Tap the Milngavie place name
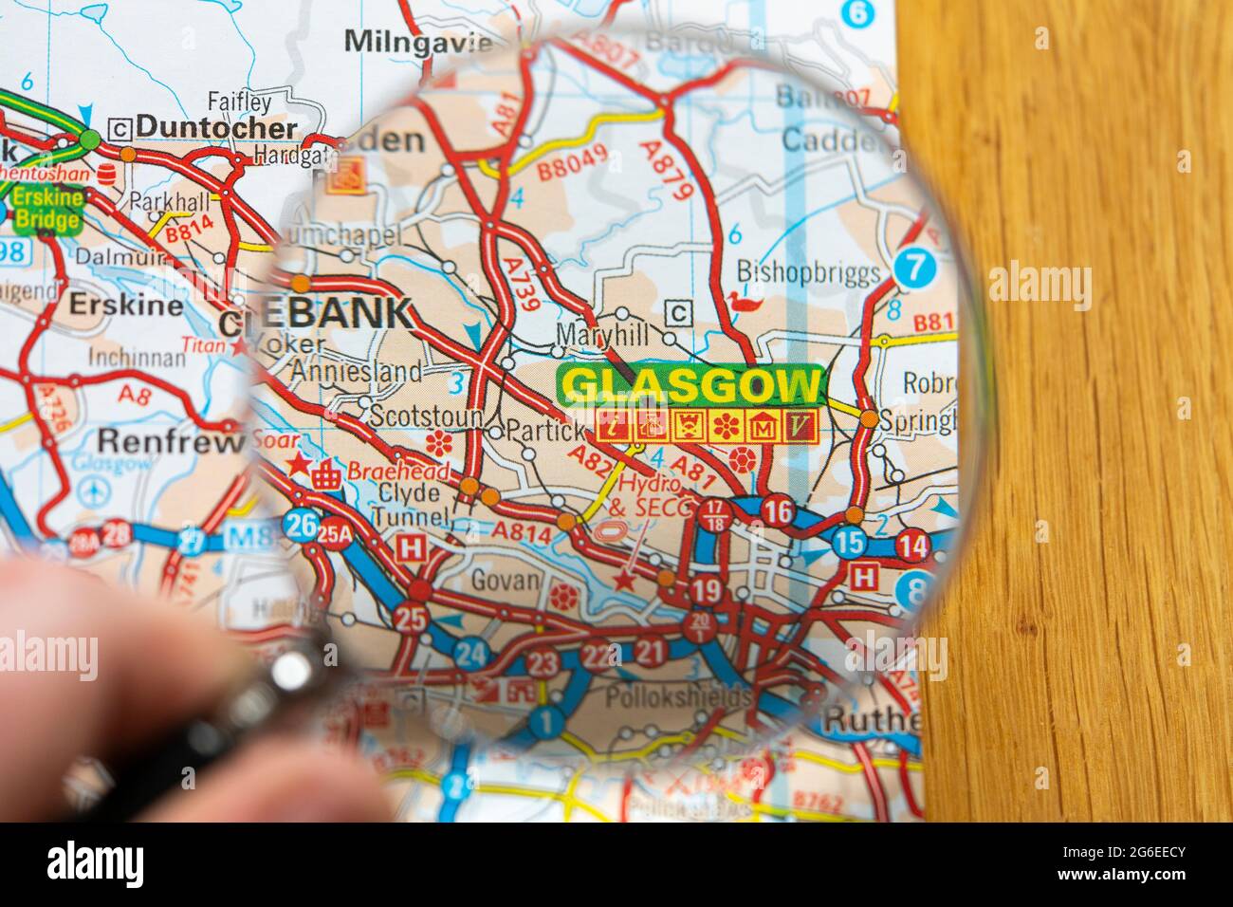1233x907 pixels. pyautogui.click(x=418, y=42)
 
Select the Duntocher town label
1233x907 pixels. pyautogui.click(x=216, y=126)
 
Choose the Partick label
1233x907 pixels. pyautogui.click(x=545, y=430)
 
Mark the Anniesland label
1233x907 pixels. pyautogui.click(x=358, y=371)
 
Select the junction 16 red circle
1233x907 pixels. pyautogui.click(x=778, y=509)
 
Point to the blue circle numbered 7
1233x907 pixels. pyautogui.click(x=913, y=268)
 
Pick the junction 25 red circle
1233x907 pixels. pyautogui.click(x=412, y=619)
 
